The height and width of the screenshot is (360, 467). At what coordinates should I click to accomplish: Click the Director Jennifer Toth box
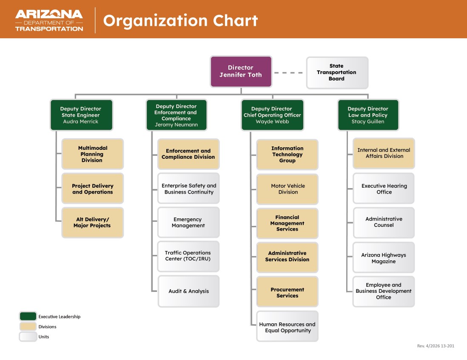241,71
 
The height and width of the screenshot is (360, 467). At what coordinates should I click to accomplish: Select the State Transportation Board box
337,72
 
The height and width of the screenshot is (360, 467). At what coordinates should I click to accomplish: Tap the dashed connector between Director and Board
289,73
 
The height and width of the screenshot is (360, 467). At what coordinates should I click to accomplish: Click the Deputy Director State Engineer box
81,115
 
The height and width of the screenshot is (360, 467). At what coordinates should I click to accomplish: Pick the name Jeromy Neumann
176,125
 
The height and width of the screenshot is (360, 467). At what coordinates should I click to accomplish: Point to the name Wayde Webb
272,122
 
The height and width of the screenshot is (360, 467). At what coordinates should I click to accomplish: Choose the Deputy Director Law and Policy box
368,115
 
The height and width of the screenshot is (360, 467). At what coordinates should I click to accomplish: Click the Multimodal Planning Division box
92,154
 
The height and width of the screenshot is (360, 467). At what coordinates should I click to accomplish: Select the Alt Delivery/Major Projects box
92,223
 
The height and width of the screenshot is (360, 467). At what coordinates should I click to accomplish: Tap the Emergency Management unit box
188,223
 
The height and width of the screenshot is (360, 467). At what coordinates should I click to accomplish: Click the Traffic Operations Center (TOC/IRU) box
188,256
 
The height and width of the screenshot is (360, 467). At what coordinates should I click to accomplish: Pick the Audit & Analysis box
188,291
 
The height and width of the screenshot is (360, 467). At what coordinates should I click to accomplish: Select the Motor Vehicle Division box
288,189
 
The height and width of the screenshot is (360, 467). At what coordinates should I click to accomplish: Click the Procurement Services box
288,292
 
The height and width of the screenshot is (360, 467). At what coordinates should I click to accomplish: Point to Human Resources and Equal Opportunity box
288,327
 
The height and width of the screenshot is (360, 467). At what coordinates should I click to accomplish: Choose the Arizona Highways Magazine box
384,258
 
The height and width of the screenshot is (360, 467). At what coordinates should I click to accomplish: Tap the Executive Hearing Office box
384,189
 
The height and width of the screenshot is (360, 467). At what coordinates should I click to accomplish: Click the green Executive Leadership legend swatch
28,316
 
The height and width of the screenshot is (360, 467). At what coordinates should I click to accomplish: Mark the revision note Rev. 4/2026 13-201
435,346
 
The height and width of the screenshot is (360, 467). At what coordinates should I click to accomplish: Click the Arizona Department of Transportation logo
49,20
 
